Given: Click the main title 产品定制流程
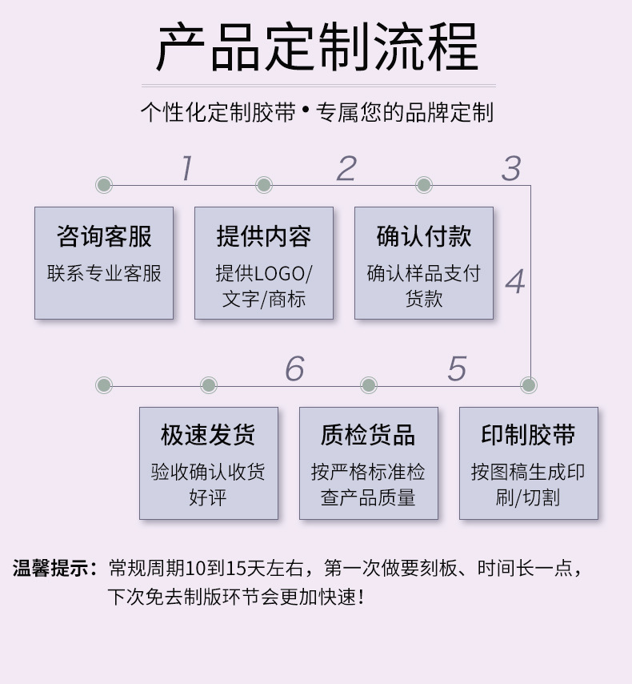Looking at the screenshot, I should [317, 46].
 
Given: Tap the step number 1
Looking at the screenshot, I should [186, 168].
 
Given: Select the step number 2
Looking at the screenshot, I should [346, 168].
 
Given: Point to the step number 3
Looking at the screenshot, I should [510, 168].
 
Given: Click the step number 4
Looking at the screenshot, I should [514, 282].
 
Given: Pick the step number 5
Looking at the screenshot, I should [456, 368].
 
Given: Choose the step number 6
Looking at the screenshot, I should [294, 368].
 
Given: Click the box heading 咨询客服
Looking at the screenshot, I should [104, 236].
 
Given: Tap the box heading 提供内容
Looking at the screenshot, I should [264, 236].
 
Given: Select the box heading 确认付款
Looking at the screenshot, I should [424, 236].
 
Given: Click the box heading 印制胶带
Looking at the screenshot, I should [528, 435].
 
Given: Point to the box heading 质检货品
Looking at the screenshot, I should [368, 435].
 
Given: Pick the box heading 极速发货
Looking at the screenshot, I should [208, 435].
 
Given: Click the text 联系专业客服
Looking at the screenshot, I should [104, 274].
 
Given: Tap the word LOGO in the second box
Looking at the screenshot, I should [281, 274].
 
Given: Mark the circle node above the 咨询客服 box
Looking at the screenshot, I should [104, 185].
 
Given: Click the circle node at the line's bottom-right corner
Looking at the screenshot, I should [528, 385].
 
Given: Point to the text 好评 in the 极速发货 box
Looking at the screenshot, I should [208, 497].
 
